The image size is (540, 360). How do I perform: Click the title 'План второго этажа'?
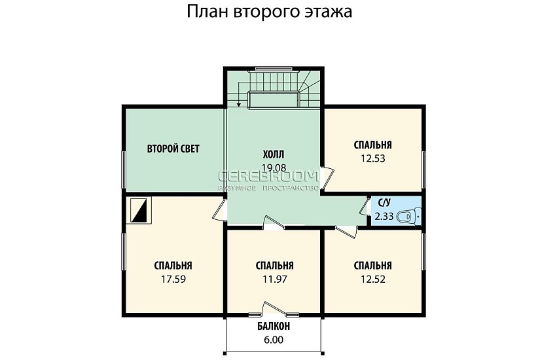270,12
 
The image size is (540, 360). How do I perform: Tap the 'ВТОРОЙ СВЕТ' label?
173,149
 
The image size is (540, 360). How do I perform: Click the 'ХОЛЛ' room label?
274,155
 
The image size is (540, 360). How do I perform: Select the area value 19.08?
274,168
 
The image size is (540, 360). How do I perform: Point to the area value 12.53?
372,158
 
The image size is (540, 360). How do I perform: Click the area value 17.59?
173,278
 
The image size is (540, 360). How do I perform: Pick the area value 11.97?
274,278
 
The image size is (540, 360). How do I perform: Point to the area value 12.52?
372,278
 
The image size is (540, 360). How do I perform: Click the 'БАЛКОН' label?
274,326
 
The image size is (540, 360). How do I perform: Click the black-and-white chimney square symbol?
140,211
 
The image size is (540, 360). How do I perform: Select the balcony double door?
274,309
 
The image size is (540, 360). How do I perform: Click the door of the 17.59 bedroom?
219,211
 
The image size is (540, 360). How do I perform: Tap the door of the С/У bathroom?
364,207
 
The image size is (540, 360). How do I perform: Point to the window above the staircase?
274,68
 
